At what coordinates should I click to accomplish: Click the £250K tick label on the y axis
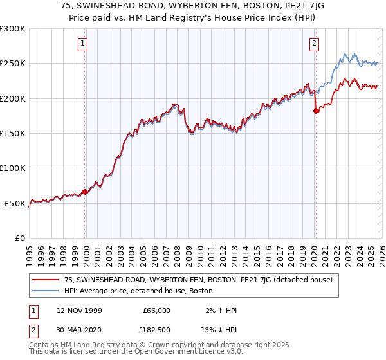pos(13,64)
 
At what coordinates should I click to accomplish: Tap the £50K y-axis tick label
pos(15,203)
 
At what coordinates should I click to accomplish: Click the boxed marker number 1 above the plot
pos(84,44)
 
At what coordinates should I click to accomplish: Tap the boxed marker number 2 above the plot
pos(314,44)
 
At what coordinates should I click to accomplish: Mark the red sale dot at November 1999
pos(85,192)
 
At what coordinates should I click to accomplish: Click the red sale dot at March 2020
pos(316,111)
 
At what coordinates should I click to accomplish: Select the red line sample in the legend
pos(46,280)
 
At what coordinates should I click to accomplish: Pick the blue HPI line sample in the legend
pos(46,291)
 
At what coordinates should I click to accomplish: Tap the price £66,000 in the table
pos(156,310)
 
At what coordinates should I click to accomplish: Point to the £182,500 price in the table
pos(154,330)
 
